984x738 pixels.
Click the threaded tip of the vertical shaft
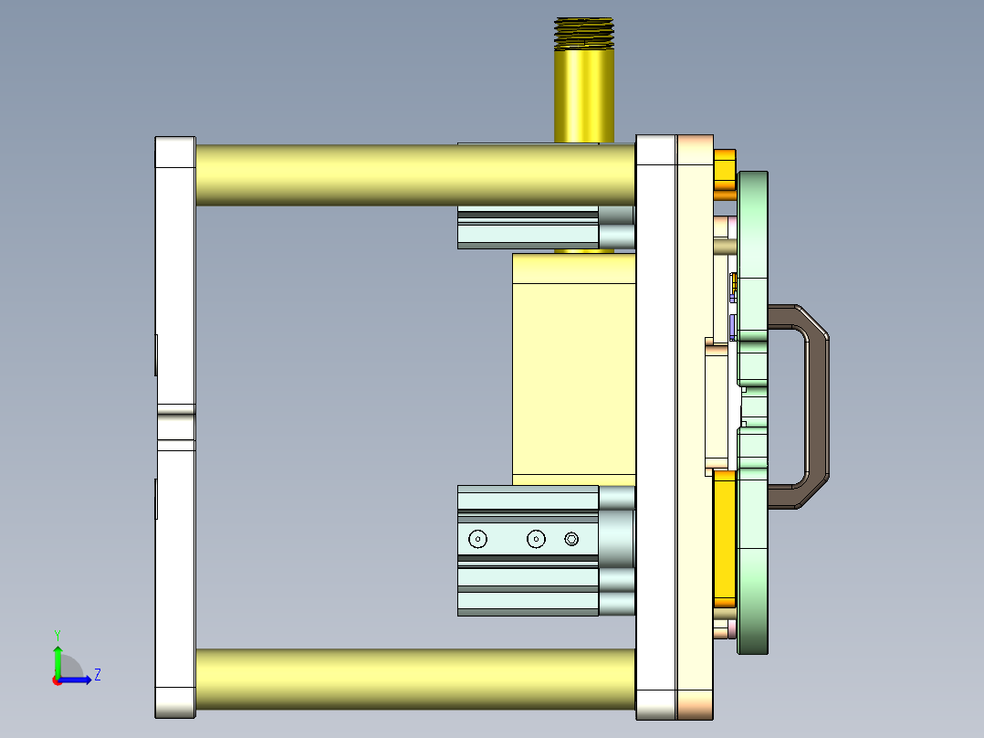584,32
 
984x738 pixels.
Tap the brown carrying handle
818,407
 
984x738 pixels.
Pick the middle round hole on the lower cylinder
536,539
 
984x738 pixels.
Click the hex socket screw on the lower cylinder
572,539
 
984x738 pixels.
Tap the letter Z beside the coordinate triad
97,675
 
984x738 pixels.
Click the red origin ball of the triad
58,680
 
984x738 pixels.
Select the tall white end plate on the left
175,274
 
